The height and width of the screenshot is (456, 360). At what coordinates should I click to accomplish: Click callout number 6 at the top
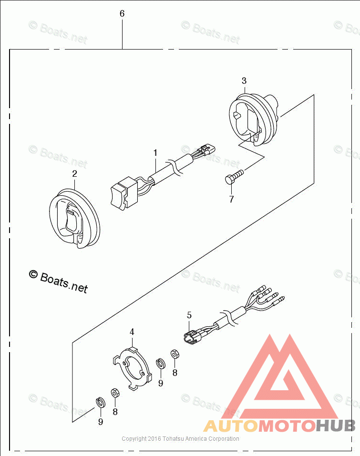122,14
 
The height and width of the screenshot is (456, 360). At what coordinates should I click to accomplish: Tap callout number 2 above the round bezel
74,174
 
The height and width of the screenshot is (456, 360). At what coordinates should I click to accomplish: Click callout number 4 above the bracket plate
132,331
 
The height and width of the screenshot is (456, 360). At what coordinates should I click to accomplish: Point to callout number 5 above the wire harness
189,315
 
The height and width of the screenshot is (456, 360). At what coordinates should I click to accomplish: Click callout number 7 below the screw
231,199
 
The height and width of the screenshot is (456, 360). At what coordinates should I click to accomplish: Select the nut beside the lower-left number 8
115,393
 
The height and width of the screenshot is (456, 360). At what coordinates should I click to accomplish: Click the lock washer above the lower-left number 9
100,402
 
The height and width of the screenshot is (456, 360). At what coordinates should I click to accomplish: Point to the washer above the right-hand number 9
161,365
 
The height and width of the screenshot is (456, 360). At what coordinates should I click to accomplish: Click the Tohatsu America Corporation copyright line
180,439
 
